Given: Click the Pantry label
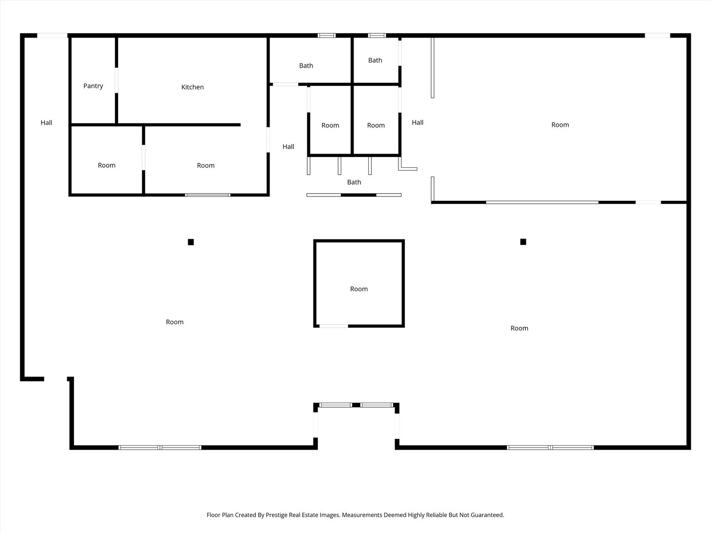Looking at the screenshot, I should pyautogui.click(x=93, y=86).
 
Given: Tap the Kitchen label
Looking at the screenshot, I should pyautogui.click(x=192, y=87).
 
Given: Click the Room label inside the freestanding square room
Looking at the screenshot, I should pyautogui.click(x=358, y=289).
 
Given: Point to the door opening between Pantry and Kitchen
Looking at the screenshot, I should pyautogui.click(x=117, y=80).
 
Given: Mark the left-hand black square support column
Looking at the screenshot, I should pyautogui.click(x=191, y=242).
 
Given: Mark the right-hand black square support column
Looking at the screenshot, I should pyautogui.click(x=523, y=242).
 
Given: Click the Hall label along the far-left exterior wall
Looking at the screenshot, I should pyautogui.click(x=46, y=122).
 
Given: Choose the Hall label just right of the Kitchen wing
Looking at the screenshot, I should pyautogui.click(x=288, y=147).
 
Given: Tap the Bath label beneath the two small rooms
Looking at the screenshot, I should pyautogui.click(x=354, y=182).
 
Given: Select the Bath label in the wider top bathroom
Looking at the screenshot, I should pyautogui.click(x=306, y=66).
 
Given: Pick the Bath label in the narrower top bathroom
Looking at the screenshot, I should pyautogui.click(x=375, y=60).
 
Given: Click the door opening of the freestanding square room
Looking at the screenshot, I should pyautogui.click(x=333, y=326).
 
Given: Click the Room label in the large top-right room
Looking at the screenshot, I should pyautogui.click(x=560, y=125).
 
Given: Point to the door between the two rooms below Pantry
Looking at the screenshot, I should pyautogui.click(x=144, y=157).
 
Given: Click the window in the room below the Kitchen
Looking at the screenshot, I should pyautogui.click(x=207, y=195).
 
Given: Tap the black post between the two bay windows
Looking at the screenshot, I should pyautogui.click(x=355, y=405).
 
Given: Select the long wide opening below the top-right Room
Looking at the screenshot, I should pyautogui.click(x=542, y=202).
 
